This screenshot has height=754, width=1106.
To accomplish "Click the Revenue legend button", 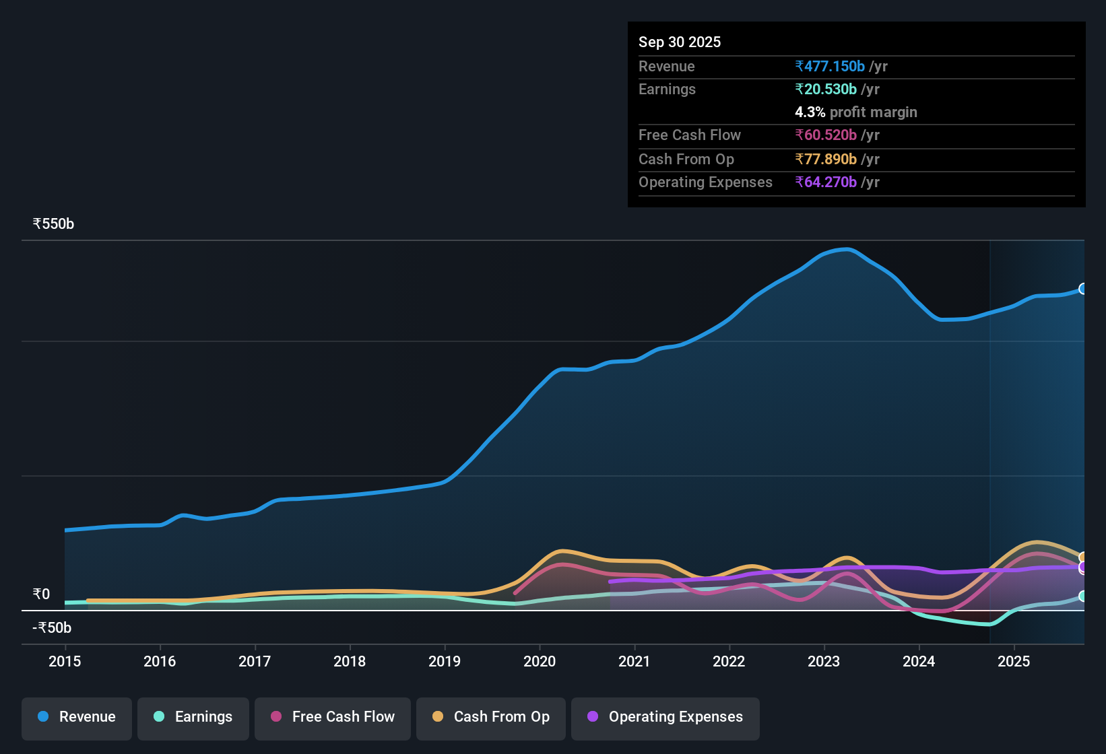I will pos(77,717).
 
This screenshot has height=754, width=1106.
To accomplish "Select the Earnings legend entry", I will pos(193,717).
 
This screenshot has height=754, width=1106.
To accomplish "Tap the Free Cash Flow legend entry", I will pos(333,717).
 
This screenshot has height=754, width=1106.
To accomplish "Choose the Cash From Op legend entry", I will pos(491,717).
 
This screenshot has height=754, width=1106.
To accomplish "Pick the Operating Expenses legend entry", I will pos(665,717).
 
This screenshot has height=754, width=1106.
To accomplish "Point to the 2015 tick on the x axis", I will pos(65,661).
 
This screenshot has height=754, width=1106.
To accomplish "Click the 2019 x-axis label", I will pos(445,661).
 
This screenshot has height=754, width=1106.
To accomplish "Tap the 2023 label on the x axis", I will pos(824,661).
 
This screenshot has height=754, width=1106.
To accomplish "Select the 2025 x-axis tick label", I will pos(1014,661).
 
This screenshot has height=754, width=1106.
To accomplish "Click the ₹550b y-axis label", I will pos(53,224).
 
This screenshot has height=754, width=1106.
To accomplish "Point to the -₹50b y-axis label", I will pos(52,628).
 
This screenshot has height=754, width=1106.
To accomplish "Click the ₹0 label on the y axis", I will pos(41,594).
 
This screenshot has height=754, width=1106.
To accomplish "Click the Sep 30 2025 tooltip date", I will pos(680,42).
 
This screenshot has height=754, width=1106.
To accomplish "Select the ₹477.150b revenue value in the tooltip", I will pos(830,67).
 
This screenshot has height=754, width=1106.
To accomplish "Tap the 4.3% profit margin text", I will pos(855,112).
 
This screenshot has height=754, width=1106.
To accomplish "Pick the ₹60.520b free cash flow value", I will pos(826,135).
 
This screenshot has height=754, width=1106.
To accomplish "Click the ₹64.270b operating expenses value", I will pos(826,182).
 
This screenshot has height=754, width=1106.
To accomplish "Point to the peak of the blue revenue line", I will pos(847,249).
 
